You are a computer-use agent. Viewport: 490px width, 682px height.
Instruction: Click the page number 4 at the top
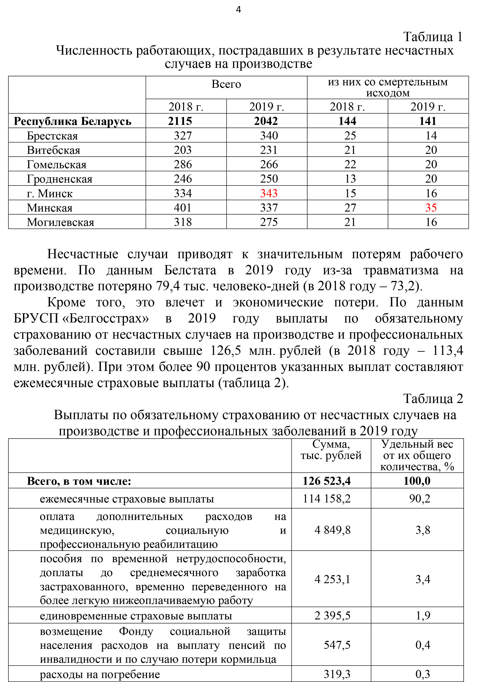click(x=238, y=10)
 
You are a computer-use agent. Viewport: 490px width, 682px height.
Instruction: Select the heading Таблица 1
click(x=432, y=37)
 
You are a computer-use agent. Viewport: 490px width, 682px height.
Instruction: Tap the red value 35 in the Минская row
click(x=431, y=208)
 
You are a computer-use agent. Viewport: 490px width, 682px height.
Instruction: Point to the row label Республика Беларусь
click(x=73, y=121)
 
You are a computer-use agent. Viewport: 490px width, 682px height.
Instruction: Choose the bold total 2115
click(x=180, y=121)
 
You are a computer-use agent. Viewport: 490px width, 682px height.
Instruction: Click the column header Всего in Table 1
click(x=226, y=84)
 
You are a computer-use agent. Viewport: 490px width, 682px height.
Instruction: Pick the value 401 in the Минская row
click(x=183, y=208)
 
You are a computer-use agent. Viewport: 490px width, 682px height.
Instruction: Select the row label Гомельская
click(x=57, y=164)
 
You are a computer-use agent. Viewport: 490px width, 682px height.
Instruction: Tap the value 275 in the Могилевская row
click(x=269, y=222)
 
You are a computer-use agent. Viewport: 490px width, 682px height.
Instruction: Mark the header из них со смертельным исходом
click(x=388, y=87)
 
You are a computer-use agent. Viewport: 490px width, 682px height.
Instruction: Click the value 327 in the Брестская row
click(x=183, y=136)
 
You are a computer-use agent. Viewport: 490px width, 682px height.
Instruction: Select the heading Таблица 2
click(x=433, y=399)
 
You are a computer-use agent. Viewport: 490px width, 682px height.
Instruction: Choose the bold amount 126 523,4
click(x=327, y=481)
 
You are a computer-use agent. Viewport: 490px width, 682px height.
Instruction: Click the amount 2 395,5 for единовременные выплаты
click(x=332, y=615)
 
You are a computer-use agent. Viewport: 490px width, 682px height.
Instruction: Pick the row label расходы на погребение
click(x=100, y=674)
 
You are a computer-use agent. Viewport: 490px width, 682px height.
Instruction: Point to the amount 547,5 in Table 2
click(x=337, y=645)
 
